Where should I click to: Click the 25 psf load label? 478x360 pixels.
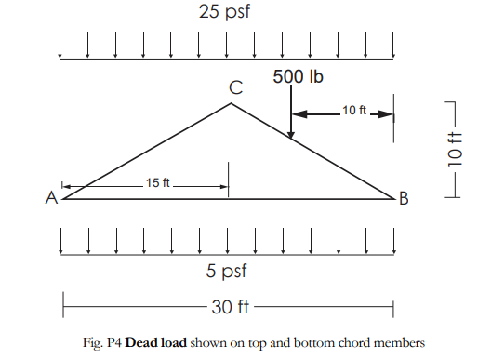[x=224, y=13]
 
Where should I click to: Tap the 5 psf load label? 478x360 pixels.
[x=224, y=272]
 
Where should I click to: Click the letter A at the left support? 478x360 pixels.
[x=52, y=198]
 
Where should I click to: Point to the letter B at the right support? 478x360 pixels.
[x=404, y=197]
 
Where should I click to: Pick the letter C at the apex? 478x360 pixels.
[x=236, y=88]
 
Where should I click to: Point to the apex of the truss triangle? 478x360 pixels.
[x=231, y=103]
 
